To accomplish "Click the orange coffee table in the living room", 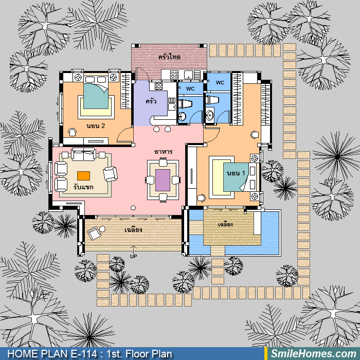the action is click(83, 176).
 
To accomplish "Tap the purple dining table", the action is click(163, 180).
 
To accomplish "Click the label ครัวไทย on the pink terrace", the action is click(169, 57).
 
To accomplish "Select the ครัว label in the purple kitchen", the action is click(151, 101).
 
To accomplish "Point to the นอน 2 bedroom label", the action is click(96, 126).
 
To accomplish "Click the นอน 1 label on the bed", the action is click(236, 173).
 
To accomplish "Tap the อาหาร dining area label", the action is click(163, 152).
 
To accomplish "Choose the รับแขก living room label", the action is click(83, 187).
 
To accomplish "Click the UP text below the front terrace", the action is click(133, 256).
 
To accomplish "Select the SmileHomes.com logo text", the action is click(313, 354).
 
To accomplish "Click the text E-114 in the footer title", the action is click(84, 354).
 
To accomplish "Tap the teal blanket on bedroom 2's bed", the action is click(96, 96).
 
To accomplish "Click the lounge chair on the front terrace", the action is click(94, 233).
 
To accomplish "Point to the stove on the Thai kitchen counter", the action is click(174, 75).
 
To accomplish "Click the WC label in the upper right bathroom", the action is click(220, 83).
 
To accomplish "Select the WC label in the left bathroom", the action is click(190, 89).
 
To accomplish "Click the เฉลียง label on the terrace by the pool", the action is click(225, 224).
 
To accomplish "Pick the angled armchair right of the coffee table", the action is click(111, 174).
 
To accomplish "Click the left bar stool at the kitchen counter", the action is click(156, 129).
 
